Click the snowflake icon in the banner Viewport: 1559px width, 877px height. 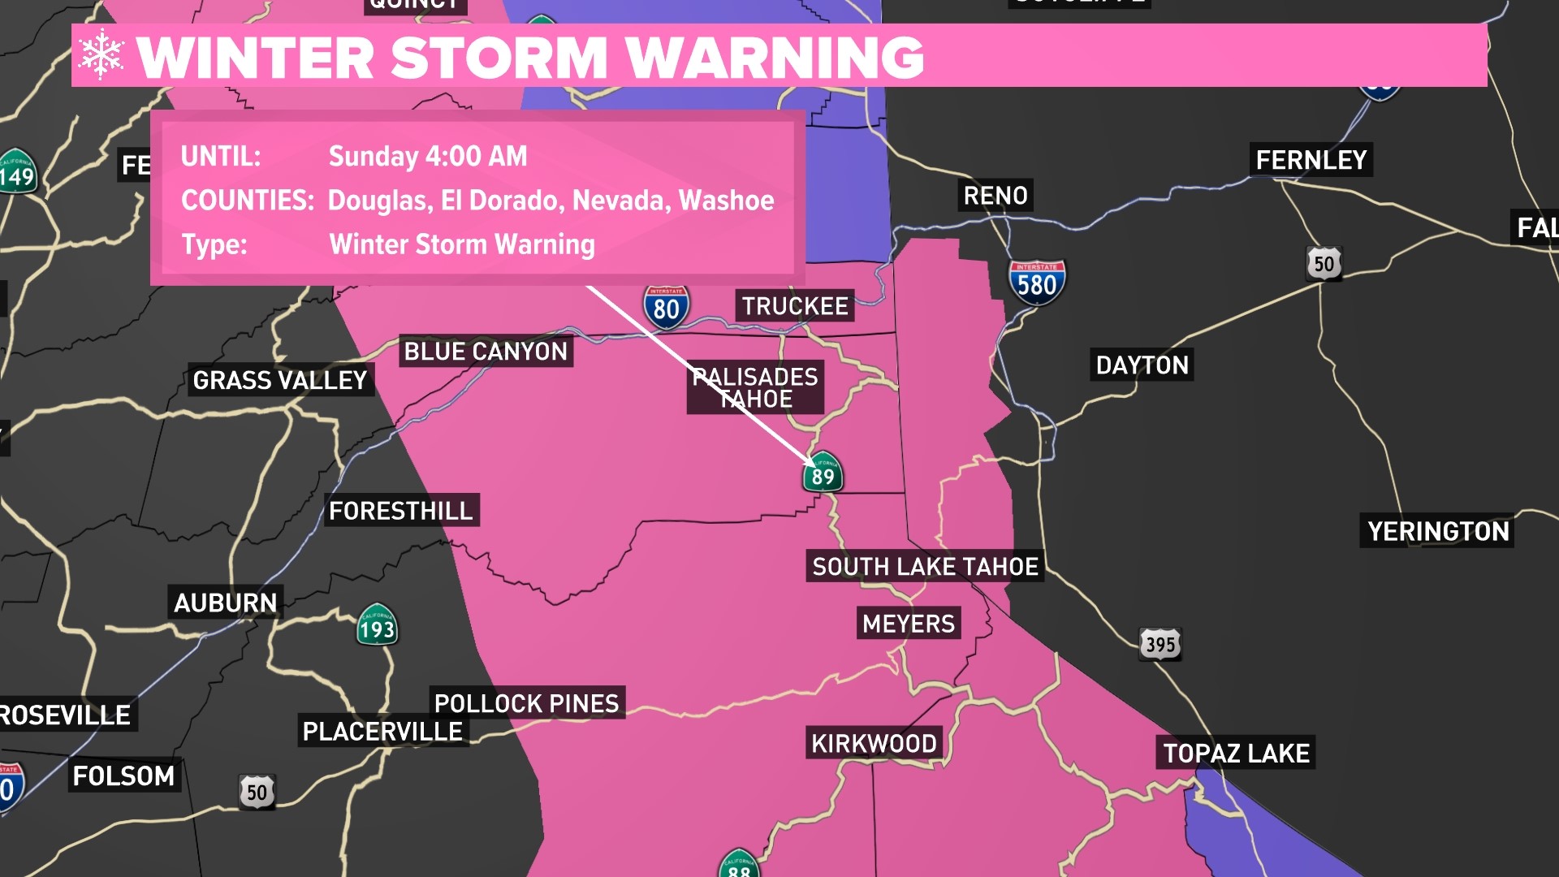coord(101,55)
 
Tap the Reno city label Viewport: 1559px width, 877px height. coord(995,196)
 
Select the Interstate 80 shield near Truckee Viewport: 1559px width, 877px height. coord(666,308)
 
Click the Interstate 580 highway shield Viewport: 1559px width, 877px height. coord(1037,283)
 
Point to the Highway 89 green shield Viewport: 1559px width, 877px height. coord(823,473)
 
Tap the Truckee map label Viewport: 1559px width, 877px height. coord(795,306)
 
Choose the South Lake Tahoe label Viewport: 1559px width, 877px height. coord(925,567)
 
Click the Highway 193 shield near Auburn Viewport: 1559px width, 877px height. coord(377,626)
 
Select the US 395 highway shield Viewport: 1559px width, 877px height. coord(1160,644)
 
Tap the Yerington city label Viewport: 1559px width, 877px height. coord(1438,531)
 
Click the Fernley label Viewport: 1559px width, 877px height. coord(1311,160)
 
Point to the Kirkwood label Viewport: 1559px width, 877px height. coord(874,743)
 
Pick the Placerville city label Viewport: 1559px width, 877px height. coord(382,732)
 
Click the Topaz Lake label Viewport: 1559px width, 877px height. coord(1236,754)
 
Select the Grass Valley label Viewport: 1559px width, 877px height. coord(280,380)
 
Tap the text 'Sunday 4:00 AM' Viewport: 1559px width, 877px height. coord(428,156)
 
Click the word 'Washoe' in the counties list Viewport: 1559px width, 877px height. coord(726,201)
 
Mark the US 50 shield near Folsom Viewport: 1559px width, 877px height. coord(257,792)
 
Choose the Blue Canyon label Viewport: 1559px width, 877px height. coord(486,352)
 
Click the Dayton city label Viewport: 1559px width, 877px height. coord(1142,365)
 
